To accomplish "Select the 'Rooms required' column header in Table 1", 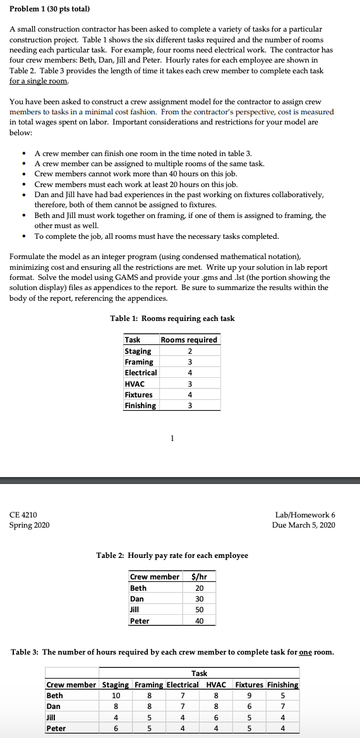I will tap(189, 340).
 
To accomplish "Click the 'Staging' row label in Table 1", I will tap(138, 351).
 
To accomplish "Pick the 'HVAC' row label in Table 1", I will tap(135, 384).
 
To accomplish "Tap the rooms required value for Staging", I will tap(189, 351).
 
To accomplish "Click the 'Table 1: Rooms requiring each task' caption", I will tap(172, 318).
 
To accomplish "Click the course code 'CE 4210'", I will tap(23, 515).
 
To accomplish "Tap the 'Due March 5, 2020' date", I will tap(304, 525).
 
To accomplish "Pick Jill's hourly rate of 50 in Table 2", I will tap(199, 610).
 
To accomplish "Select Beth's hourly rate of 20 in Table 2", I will tap(199, 588).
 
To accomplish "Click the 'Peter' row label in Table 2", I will tap(140, 621).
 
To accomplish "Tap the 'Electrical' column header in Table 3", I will tap(183, 685).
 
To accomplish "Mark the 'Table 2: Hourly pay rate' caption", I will tap(172, 555).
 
